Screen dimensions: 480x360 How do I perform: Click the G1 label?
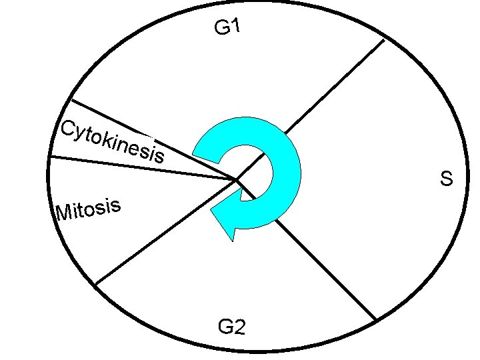click(227, 28)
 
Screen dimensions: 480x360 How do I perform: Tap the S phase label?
click(446, 179)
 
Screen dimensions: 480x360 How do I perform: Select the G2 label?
click(231, 327)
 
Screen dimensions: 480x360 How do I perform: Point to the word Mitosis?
click(88, 209)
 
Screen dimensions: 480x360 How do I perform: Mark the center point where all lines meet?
click(236, 179)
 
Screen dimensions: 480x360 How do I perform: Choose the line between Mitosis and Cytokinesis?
click(140, 167)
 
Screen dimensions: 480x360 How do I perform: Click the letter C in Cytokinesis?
click(67, 129)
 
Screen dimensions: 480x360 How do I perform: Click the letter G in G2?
click(225, 327)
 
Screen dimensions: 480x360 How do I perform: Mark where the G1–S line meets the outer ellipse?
click(385, 40)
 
